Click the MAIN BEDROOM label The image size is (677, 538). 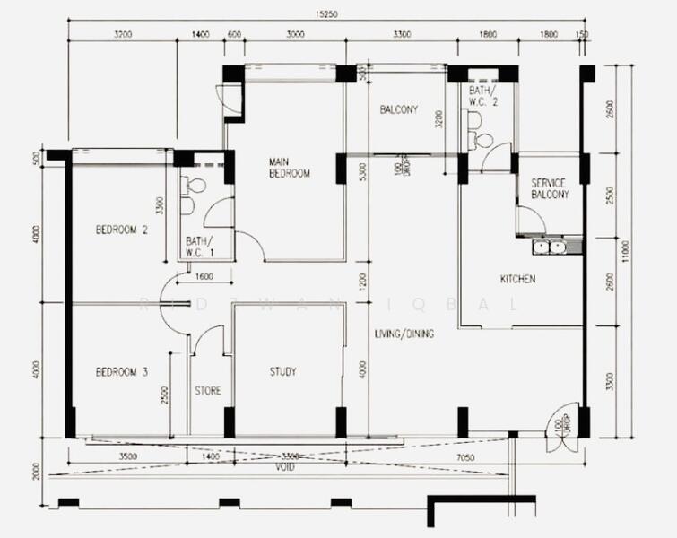[289, 168]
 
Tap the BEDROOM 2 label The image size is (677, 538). [121, 230]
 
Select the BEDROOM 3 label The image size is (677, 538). [121, 371]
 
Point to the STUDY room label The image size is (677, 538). [282, 371]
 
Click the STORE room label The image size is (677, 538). [208, 391]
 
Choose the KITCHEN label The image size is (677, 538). [517, 279]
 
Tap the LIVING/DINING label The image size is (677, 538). [404, 334]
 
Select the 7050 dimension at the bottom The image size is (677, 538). [464, 456]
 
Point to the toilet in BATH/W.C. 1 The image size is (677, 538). [195, 187]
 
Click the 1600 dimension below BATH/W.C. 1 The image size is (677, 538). [204, 276]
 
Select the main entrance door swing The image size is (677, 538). [562, 421]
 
